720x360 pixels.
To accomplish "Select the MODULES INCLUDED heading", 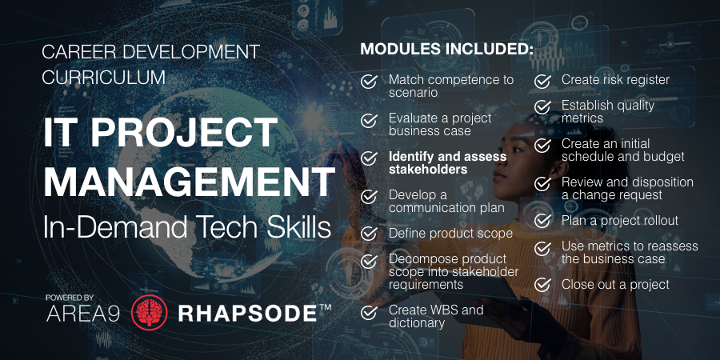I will click(446, 50).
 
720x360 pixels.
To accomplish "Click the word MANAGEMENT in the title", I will click(189, 183).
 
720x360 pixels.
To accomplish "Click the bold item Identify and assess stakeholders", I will click(447, 162).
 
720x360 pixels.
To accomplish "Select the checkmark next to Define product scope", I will click(370, 234).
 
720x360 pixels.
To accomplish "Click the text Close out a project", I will click(615, 284).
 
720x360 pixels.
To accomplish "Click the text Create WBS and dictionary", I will click(436, 316).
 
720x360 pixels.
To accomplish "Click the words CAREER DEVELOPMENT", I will click(150, 52).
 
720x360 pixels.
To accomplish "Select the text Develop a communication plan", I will click(446, 201).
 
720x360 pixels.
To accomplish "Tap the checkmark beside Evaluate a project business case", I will click(370, 120).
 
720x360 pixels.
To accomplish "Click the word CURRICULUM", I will click(103, 78).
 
